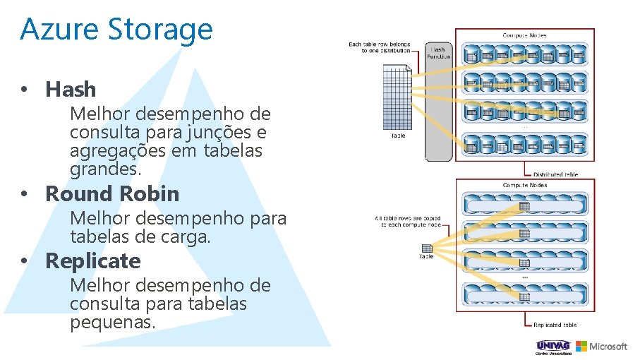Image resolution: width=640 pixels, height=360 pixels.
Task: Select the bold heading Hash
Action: pos(71,90)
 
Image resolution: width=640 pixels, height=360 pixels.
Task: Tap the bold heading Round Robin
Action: pos(112,194)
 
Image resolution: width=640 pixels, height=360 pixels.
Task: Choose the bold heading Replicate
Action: pos(93,261)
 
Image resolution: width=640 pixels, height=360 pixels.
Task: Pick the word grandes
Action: pos(105,169)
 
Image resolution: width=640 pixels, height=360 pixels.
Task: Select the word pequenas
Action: pos(112,322)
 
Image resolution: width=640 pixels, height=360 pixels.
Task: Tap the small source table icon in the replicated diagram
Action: pos(427,248)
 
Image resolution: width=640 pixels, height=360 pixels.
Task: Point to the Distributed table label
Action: pos(555,174)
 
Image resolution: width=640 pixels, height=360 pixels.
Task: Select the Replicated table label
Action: pos(555,325)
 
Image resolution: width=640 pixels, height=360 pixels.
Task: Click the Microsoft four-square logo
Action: pos(581,346)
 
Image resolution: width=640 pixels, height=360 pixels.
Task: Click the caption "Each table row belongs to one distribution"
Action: pos(380,47)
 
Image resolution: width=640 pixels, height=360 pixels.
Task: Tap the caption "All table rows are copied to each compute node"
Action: pos(408,221)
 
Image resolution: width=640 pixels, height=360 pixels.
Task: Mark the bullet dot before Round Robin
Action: pos(24,194)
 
